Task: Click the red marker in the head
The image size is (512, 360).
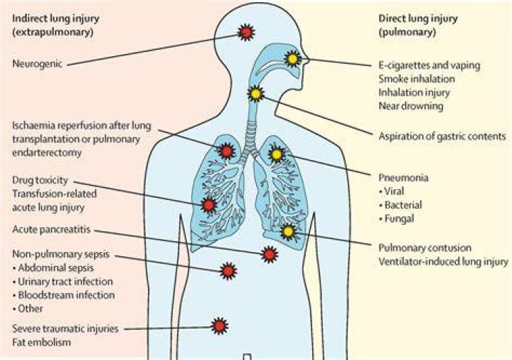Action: [x=246, y=32]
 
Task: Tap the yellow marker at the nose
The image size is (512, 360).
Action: [x=292, y=59]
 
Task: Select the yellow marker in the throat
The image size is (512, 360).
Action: [x=256, y=94]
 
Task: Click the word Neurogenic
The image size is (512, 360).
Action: [x=37, y=63]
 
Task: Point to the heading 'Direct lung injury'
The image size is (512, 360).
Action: [x=418, y=18]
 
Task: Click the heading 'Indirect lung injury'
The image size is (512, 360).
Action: [x=55, y=18]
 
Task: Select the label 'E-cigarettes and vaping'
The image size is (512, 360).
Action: [x=430, y=65]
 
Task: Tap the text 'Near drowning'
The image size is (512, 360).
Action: [x=411, y=106]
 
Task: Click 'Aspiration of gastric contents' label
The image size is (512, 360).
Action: [x=442, y=136]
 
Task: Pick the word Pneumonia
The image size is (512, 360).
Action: [x=403, y=177]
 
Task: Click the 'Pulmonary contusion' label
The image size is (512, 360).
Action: [x=425, y=248]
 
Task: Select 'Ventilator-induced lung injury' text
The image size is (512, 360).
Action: [x=444, y=261]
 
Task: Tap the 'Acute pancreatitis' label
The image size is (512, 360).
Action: [x=51, y=229]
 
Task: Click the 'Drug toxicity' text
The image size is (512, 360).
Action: [x=40, y=180]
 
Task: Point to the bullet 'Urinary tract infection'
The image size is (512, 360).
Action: [x=63, y=281]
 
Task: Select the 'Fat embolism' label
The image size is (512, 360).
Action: [x=41, y=342]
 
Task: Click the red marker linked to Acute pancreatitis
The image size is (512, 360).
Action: [x=270, y=254]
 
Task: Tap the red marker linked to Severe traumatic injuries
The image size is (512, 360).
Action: [x=220, y=326]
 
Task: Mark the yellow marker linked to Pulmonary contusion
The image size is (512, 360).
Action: [x=288, y=232]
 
